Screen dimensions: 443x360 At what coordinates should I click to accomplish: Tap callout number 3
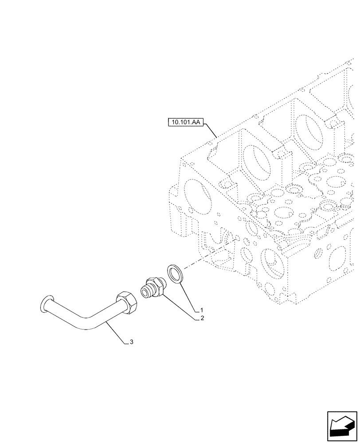131,342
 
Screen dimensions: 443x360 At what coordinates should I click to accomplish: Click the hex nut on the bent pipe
126,304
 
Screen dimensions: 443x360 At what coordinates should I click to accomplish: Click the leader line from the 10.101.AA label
210,130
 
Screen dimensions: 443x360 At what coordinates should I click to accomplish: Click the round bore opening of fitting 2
144,292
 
